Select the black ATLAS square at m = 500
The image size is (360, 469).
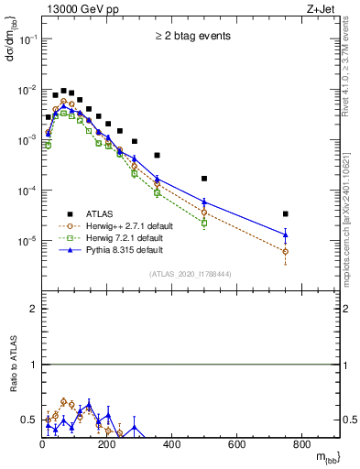tap(204, 179)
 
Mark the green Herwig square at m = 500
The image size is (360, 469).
tap(204, 223)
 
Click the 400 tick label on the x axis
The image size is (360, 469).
tap(171, 445)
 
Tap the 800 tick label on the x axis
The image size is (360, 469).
tap(301, 445)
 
